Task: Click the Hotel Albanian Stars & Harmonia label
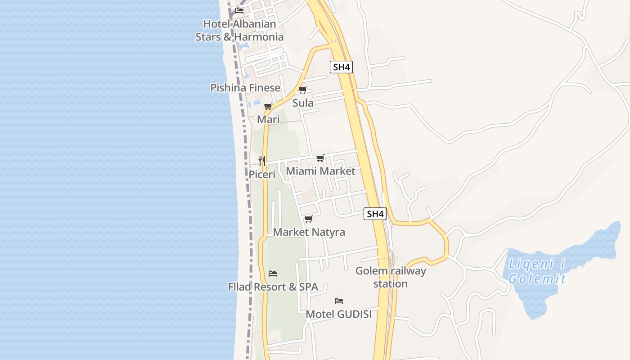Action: click(x=239, y=30)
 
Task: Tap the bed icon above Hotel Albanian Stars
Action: click(x=239, y=10)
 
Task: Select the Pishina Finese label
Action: click(x=245, y=88)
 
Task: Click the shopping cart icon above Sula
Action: click(x=303, y=90)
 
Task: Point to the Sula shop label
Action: click(x=303, y=103)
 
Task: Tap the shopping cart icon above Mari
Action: click(x=268, y=107)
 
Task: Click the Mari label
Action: click(x=268, y=120)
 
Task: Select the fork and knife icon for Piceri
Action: click(x=262, y=161)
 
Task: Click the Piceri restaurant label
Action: click(x=262, y=174)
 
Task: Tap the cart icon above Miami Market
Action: click(x=320, y=158)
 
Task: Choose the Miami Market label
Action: click(x=320, y=171)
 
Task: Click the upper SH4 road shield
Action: click(x=341, y=67)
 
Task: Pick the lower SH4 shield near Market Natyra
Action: click(x=375, y=214)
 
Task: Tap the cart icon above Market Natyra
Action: click(x=309, y=219)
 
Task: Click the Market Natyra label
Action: click(x=309, y=232)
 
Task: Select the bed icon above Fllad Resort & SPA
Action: click(x=273, y=274)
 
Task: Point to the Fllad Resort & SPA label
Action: click(x=273, y=287)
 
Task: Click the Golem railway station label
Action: click(x=391, y=277)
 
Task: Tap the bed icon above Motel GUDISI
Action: click(x=339, y=301)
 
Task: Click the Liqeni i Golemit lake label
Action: click(x=537, y=271)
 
